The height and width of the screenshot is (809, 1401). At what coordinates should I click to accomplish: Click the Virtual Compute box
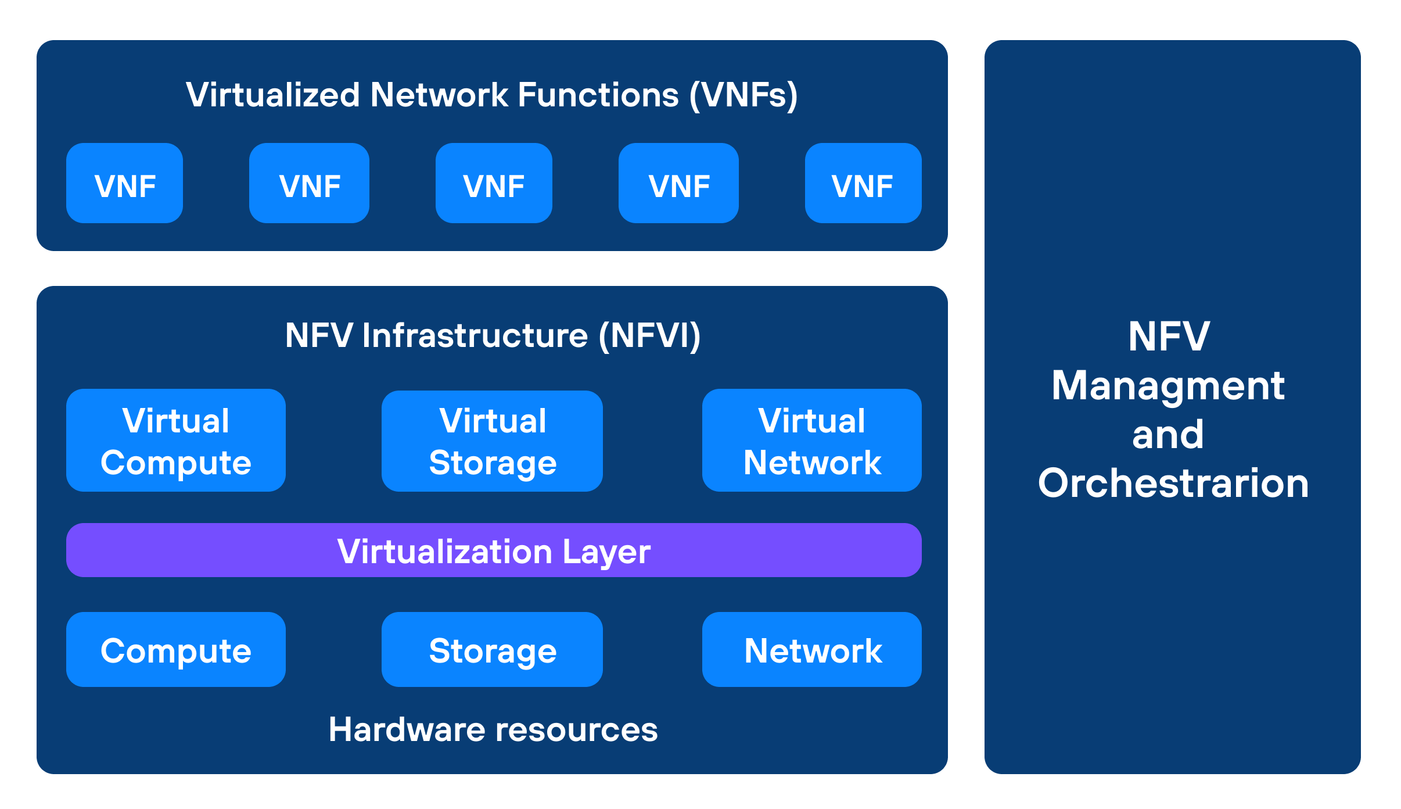pyautogui.click(x=176, y=441)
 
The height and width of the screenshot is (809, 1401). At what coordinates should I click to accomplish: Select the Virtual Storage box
pyautogui.click(x=492, y=441)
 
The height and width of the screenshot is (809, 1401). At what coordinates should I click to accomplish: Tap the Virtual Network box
pyautogui.click(x=811, y=441)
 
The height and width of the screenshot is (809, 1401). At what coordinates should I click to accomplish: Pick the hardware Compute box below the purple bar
pyautogui.click(x=176, y=650)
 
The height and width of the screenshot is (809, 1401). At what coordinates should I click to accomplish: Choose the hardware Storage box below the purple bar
pyautogui.click(x=492, y=650)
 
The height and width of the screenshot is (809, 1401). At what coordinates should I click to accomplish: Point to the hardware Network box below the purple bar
pyautogui.click(x=811, y=650)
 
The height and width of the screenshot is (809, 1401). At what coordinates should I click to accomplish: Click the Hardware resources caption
pyautogui.click(x=493, y=729)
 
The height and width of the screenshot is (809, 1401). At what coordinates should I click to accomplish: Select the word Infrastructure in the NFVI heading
pyautogui.click(x=475, y=335)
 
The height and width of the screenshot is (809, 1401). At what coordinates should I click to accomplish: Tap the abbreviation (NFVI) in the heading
pyautogui.click(x=650, y=335)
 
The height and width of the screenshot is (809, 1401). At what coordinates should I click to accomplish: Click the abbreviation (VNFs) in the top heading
pyautogui.click(x=743, y=95)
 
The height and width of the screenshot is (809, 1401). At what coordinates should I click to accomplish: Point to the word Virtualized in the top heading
pyautogui.click(x=272, y=95)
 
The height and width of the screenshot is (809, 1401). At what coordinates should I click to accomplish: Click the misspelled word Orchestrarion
pyautogui.click(x=1173, y=483)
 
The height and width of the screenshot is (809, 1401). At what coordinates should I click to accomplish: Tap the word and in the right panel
pyautogui.click(x=1168, y=435)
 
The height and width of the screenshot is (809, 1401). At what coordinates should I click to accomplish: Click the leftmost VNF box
pyautogui.click(x=124, y=183)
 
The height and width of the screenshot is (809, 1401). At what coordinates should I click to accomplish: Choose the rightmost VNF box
pyautogui.click(x=863, y=183)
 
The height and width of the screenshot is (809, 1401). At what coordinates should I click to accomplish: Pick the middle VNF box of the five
pyautogui.click(x=494, y=183)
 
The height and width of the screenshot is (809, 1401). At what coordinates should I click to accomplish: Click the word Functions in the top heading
pyautogui.click(x=598, y=95)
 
